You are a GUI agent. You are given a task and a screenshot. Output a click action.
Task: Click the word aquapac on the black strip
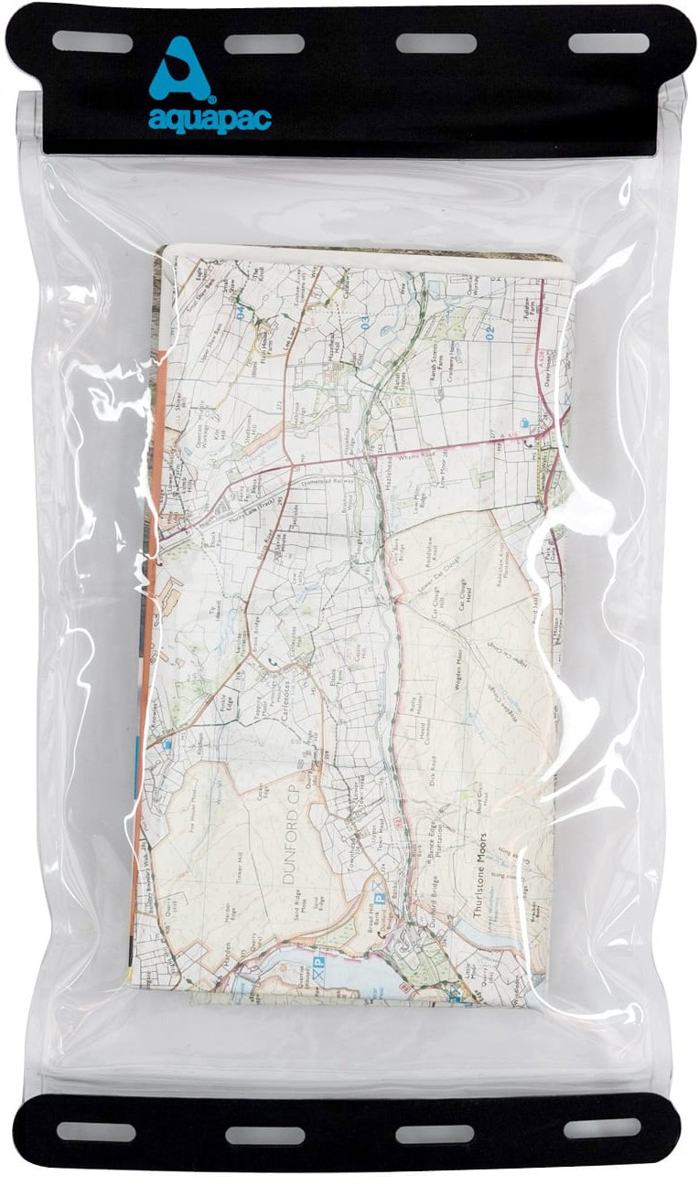(210, 119)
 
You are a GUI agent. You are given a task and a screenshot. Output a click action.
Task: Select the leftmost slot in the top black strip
(91, 42)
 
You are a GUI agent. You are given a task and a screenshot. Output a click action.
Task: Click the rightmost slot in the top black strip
(608, 43)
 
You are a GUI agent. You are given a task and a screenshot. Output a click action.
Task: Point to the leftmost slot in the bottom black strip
(95, 1132)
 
